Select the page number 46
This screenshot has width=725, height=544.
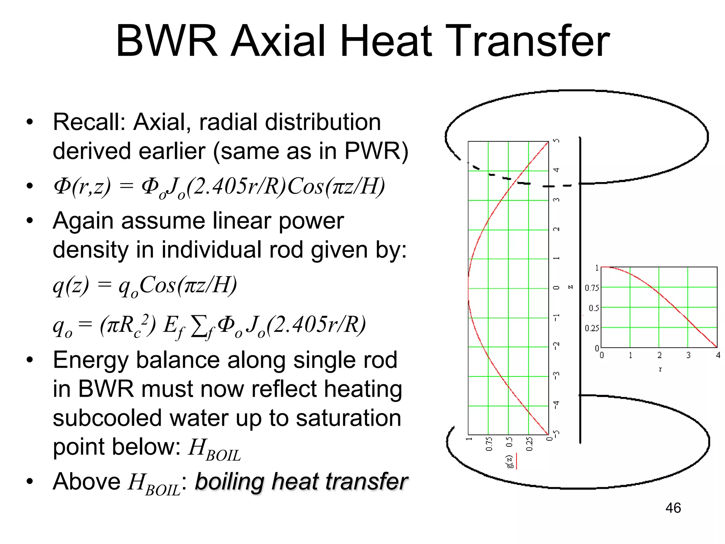coord(673,508)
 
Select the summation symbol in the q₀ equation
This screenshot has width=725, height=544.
coord(199,325)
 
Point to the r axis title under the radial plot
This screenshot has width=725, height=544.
coord(660,369)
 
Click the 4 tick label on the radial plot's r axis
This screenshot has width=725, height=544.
coord(718,355)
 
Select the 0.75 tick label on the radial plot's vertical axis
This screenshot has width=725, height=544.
coord(592,288)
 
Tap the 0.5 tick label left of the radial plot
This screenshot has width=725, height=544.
coord(594,308)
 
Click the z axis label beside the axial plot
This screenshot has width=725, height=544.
coord(570,287)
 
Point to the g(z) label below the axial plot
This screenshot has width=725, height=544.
coord(510,461)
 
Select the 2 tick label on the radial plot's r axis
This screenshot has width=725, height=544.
coord(660,355)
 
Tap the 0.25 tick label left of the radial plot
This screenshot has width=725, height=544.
coord(592,328)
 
